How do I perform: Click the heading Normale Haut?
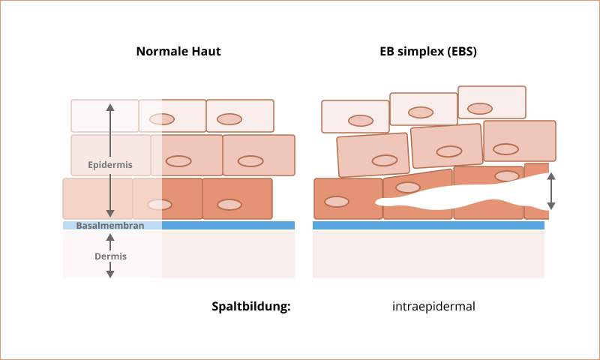click(x=178, y=52)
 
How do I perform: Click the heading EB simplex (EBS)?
click(x=428, y=52)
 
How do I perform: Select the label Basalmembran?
click(x=109, y=225)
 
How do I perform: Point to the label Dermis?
click(x=110, y=256)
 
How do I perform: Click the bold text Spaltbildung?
click(x=250, y=306)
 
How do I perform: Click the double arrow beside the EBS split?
click(x=551, y=191)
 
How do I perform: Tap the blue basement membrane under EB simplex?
click(x=428, y=225)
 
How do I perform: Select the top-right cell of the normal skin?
click(x=240, y=115)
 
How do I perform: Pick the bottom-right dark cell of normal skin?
click(x=237, y=198)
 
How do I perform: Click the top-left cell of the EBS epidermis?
click(x=355, y=116)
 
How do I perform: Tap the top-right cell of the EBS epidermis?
click(x=492, y=102)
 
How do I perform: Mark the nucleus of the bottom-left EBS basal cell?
click(x=337, y=201)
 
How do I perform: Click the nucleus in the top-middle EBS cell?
click(x=421, y=112)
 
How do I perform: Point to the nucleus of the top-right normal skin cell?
click(x=229, y=118)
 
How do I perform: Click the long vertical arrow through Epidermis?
click(x=110, y=135)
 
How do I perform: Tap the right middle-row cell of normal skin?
click(x=259, y=154)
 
